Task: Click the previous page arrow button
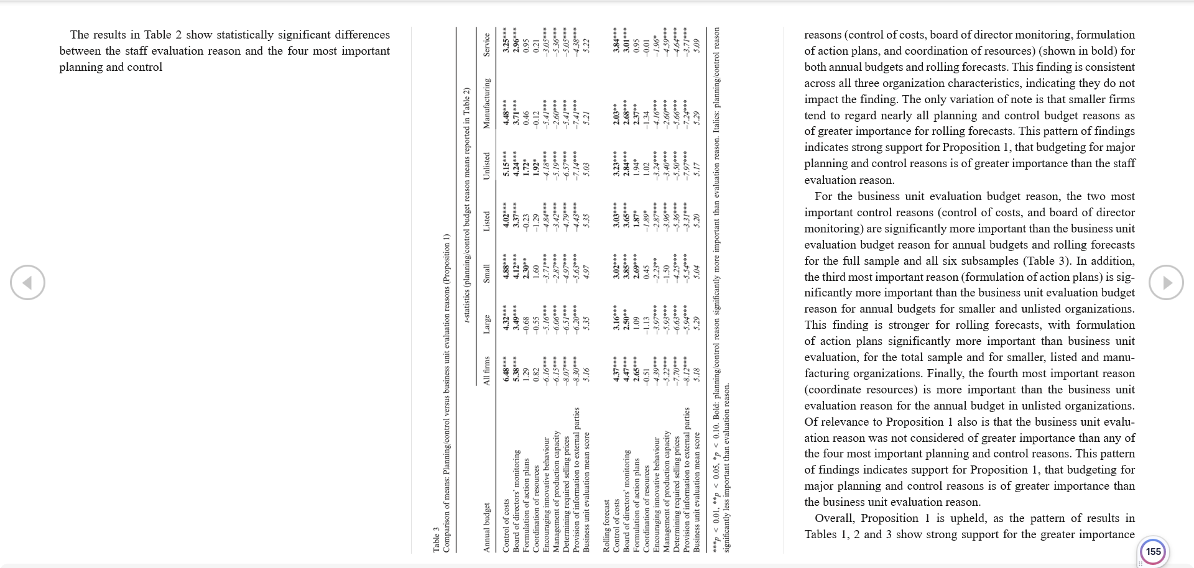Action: point(27,283)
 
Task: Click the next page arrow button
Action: point(1166,283)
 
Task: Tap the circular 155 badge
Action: point(1154,551)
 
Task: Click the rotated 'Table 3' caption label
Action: point(437,539)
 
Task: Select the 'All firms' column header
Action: point(487,370)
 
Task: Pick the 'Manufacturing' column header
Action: point(487,104)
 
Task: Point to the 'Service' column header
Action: point(487,45)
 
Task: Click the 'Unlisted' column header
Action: point(487,166)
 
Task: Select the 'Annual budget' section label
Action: point(487,527)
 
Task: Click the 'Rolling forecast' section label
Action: point(606,526)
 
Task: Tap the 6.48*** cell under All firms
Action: point(506,370)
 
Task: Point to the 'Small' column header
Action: point(487,273)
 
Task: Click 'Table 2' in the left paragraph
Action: point(163,35)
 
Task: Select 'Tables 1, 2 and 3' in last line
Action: point(848,534)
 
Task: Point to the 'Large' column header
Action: point(487,324)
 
